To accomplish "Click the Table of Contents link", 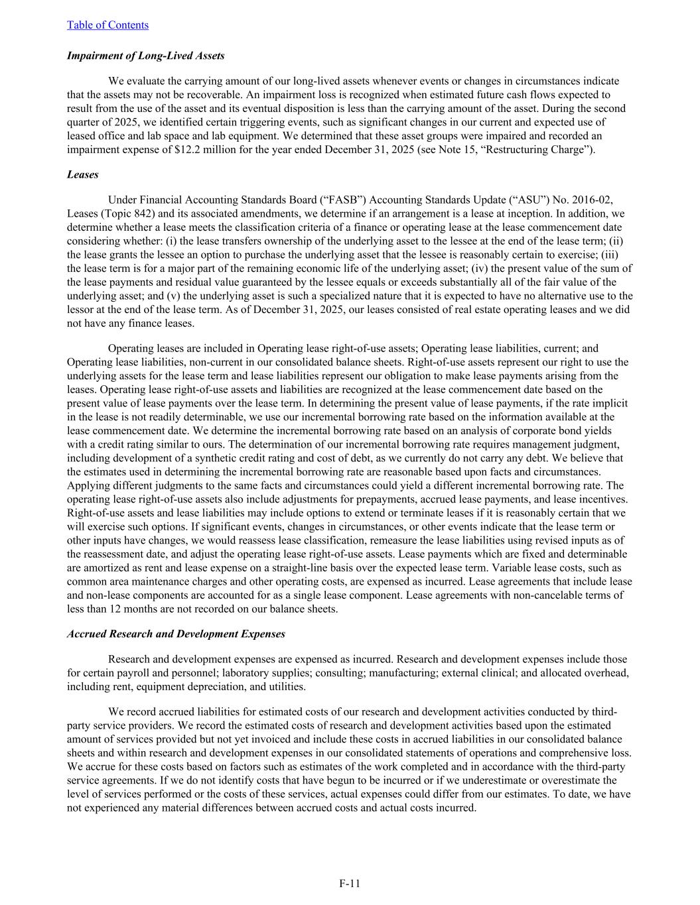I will tap(107, 25).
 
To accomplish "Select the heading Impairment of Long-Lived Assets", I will tap(145, 56).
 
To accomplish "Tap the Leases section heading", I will tap(82, 174).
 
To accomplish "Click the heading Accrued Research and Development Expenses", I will tap(176, 634).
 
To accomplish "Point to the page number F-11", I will tap(350, 883).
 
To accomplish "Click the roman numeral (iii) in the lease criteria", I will tap(620, 255).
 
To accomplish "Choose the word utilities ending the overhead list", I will tap(283, 687).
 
